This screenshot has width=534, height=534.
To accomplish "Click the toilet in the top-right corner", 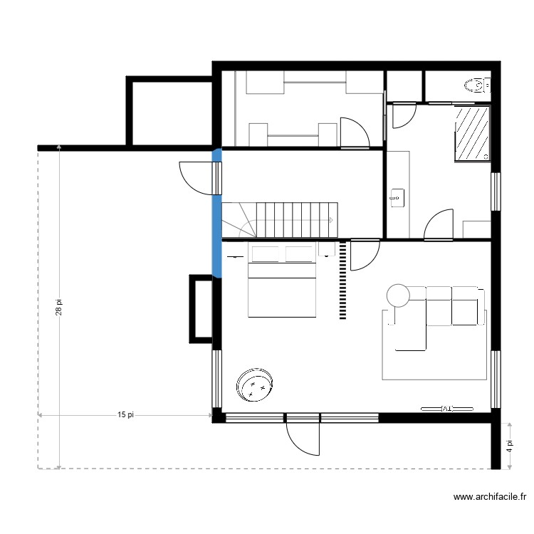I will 477,86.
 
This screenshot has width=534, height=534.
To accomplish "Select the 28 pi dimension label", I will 60,306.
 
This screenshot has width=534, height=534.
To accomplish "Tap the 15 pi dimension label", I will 125,415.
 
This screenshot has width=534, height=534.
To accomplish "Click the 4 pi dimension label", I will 510,446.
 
